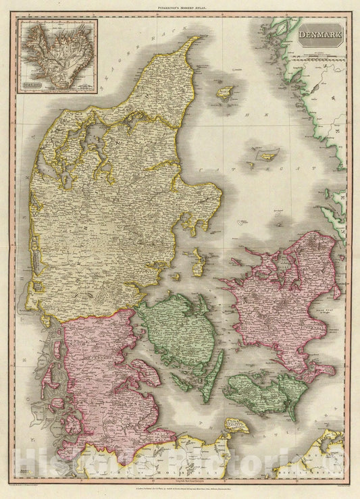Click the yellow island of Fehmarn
pyautogui.click(x=237, y=425)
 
